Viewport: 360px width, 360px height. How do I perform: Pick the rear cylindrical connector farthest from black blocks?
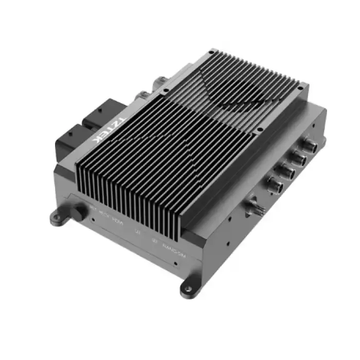click(160, 81)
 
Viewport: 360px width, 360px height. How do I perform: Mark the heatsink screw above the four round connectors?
click(260, 130)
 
